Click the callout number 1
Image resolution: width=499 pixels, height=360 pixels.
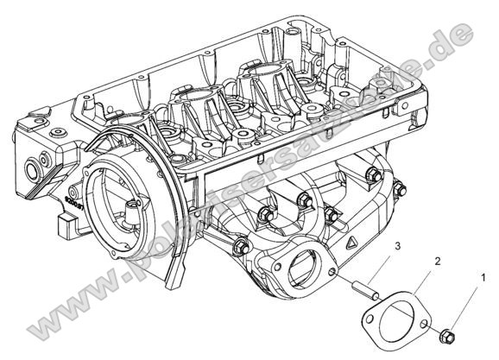(483, 279)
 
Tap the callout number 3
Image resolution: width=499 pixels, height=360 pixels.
(396, 248)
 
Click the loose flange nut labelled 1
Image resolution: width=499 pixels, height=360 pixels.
(445, 332)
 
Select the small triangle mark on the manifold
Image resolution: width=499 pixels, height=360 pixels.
(354, 244)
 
